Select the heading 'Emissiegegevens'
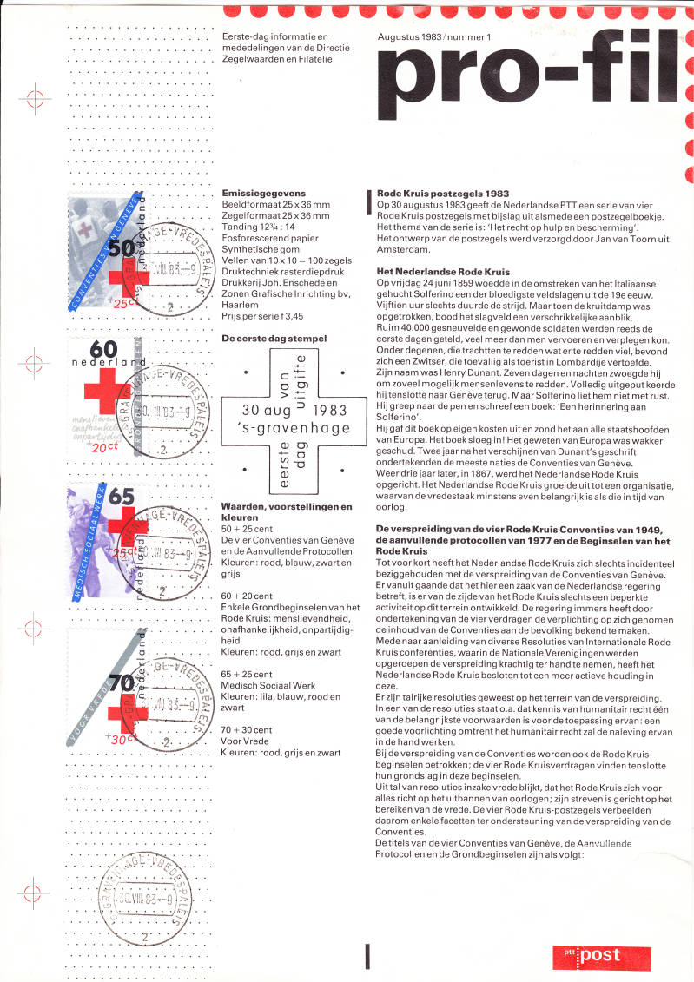258,193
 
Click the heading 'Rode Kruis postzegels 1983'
443,193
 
